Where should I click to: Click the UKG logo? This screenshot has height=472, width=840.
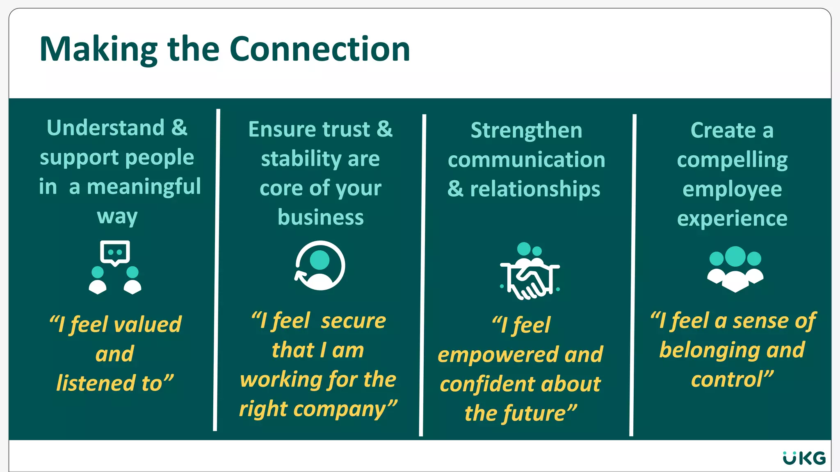tap(804, 458)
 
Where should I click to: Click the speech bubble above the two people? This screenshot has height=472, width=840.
tap(115, 252)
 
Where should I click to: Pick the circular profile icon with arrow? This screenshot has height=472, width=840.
tap(320, 265)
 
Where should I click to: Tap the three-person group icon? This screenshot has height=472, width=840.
tap(735, 268)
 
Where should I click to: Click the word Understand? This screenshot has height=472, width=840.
tap(105, 128)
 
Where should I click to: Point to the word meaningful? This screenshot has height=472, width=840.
tap(144, 187)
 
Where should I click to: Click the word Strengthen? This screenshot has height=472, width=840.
tap(526, 131)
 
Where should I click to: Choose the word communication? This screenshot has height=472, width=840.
tap(526, 160)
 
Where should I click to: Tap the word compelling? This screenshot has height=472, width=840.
tap(732, 160)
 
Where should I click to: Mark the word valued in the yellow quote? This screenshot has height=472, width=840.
tap(147, 324)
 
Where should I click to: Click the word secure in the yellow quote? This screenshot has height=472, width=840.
tap(353, 321)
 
